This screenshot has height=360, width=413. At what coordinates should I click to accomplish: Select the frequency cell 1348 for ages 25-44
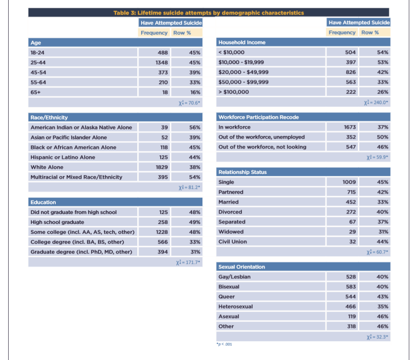(x=161, y=63)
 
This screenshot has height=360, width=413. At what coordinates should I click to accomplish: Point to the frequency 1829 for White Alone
(x=161, y=167)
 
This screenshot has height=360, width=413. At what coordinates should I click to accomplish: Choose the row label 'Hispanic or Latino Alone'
(x=63, y=157)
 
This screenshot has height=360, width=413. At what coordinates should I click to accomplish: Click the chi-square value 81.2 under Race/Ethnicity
(x=189, y=187)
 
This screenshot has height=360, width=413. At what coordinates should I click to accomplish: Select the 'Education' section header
(x=43, y=202)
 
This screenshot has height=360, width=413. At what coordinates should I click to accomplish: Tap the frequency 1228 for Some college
(x=161, y=232)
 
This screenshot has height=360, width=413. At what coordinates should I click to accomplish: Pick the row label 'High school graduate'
(x=57, y=222)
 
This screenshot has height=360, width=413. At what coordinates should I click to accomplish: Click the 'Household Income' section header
(x=242, y=42)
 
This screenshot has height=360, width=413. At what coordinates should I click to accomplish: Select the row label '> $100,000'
(x=233, y=92)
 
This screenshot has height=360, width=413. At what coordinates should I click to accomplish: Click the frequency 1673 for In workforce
(x=350, y=127)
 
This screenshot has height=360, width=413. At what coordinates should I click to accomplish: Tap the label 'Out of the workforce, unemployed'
(x=262, y=137)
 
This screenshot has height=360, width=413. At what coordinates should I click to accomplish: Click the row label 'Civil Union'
(x=233, y=242)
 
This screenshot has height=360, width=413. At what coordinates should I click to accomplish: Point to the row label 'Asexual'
(x=229, y=316)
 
